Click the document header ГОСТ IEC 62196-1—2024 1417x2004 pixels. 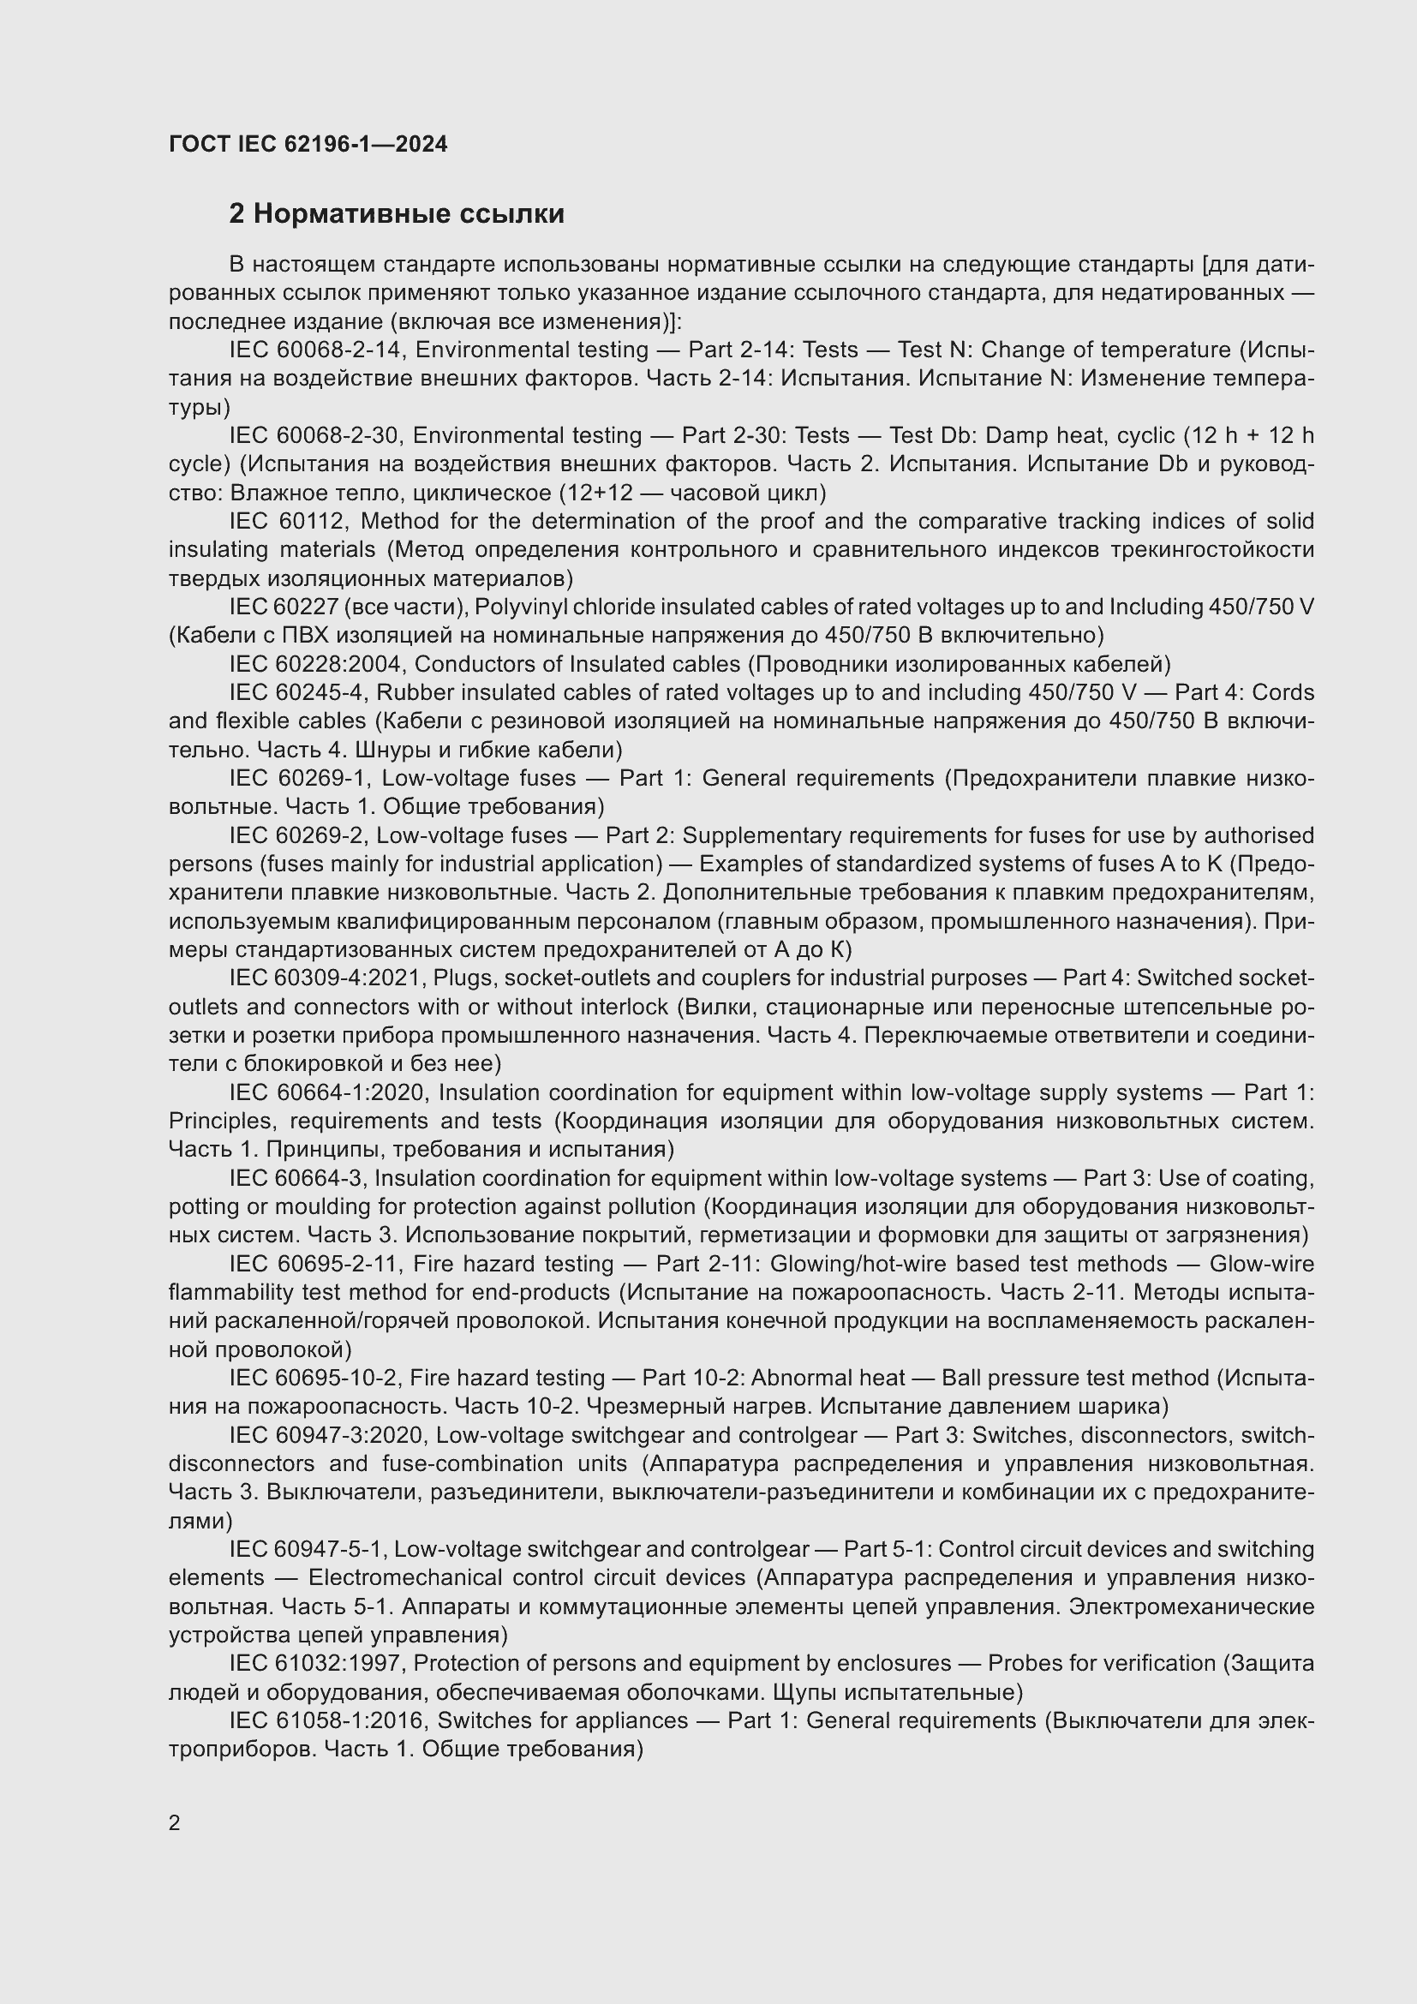tap(308, 144)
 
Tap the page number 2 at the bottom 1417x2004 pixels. tap(175, 1822)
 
